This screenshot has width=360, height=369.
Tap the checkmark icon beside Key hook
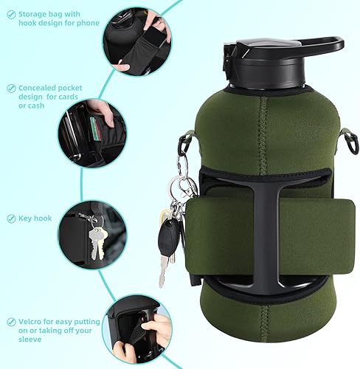[x=12, y=218]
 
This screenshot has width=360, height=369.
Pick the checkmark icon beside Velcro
[x=12, y=321]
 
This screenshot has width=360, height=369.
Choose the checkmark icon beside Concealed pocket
[x=12, y=88]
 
